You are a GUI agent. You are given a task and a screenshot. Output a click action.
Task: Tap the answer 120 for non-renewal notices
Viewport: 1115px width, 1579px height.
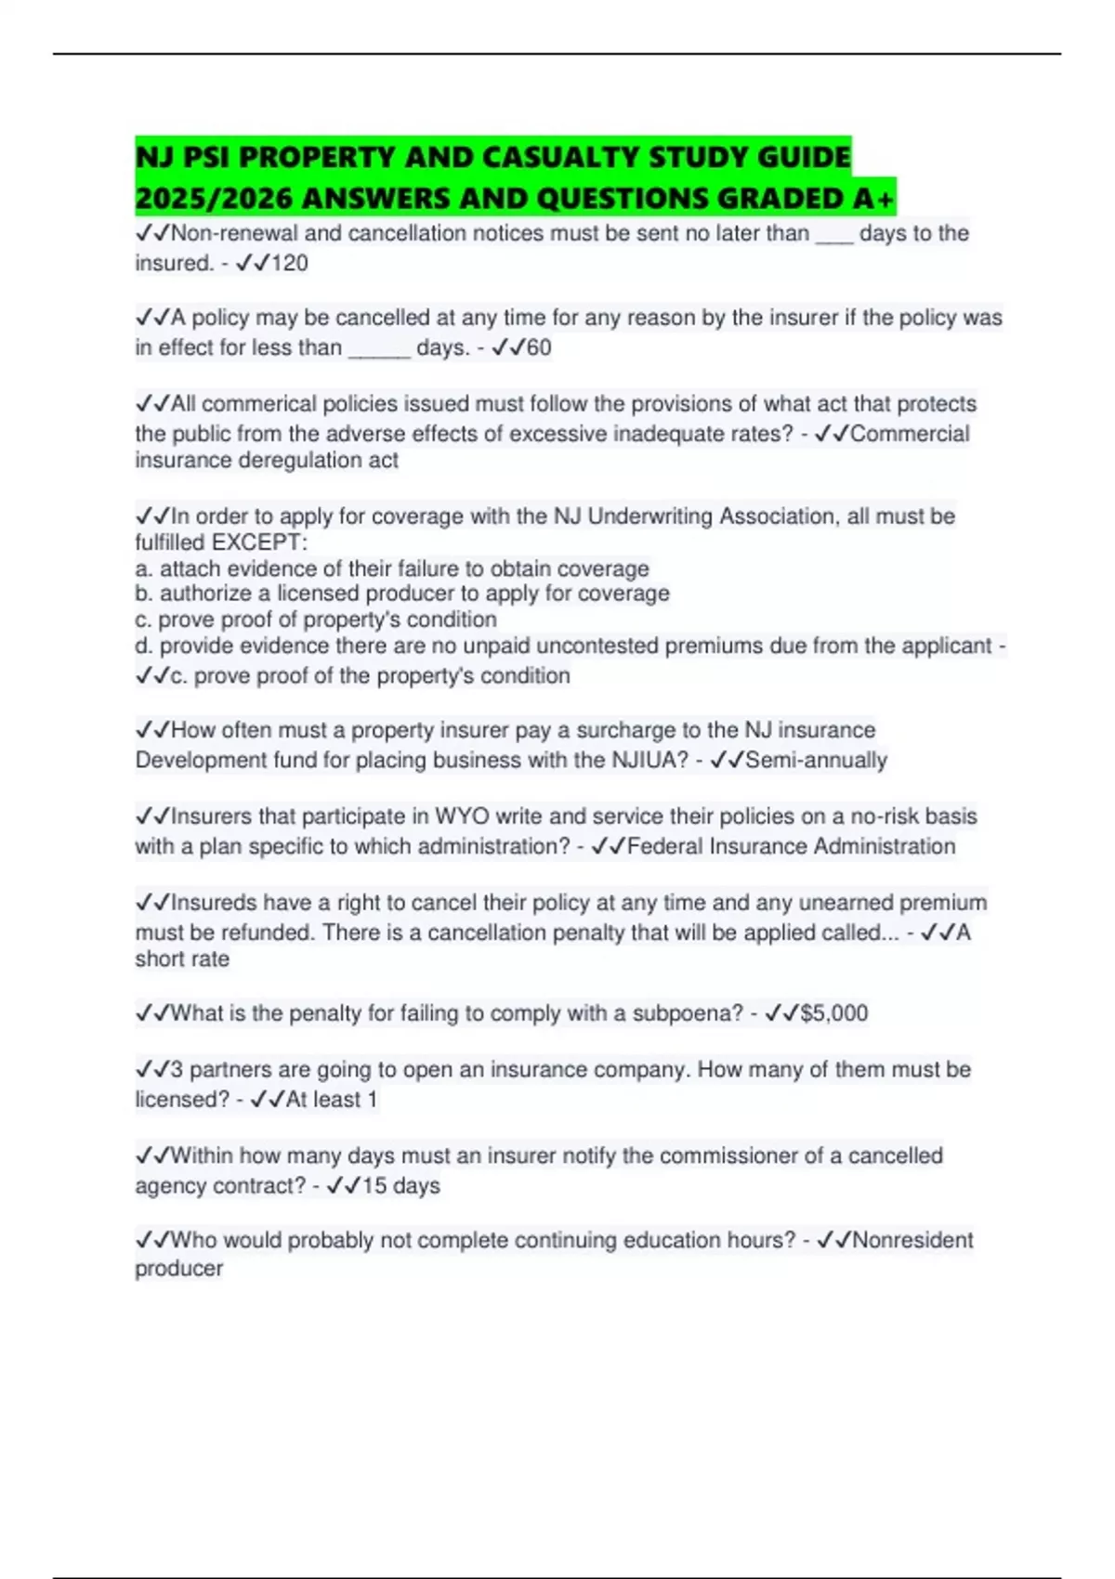coord(289,264)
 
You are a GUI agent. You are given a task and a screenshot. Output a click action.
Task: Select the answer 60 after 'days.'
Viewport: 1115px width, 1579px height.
coord(539,348)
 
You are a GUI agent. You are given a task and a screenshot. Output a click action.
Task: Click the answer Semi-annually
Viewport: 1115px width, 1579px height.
coord(816,761)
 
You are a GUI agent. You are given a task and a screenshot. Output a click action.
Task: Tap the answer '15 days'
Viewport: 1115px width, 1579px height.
coord(400,1186)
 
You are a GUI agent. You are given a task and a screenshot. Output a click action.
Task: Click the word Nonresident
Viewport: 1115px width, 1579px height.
coord(912,1240)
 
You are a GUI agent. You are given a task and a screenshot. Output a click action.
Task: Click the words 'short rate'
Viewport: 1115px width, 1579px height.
coord(182,959)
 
